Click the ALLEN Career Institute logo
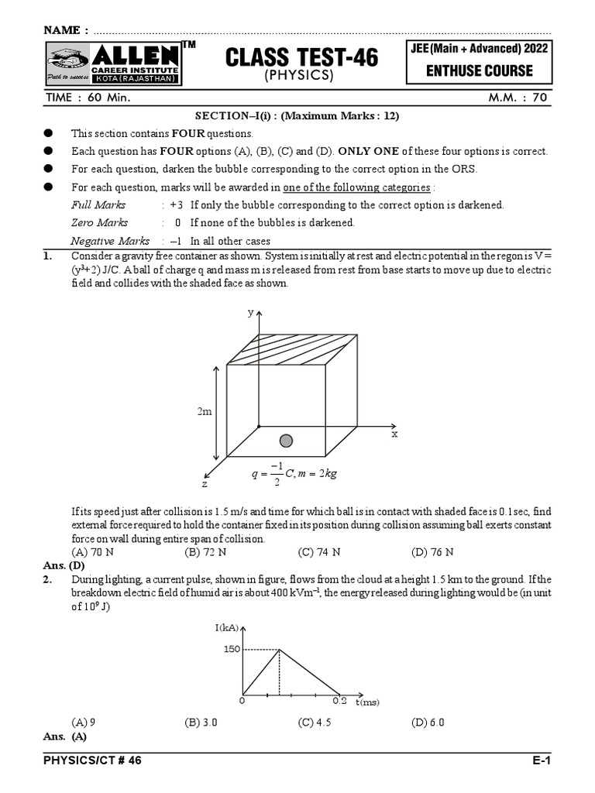tap(113, 64)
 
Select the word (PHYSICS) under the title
tap(299, 76)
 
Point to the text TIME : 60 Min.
tap(87, 99)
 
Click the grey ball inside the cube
tap(286, 441)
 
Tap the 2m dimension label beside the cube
tap(205, 412)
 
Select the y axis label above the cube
tap(250, 312)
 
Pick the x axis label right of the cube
tap(394, 434)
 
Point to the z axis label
tap(205, 483)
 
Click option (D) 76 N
tap(432, 552)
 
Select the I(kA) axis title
tap(228, 627)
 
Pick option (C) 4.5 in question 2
tap(315, 723)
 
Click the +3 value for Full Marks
tap(176, 205)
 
